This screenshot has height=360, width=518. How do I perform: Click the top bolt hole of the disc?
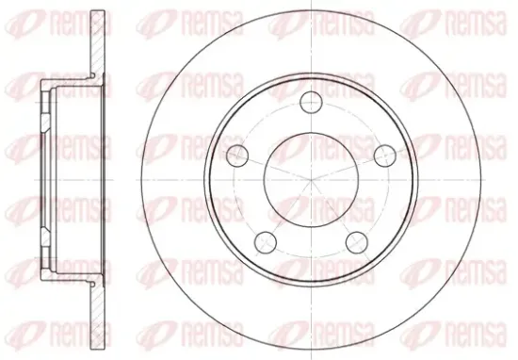pos(311,103)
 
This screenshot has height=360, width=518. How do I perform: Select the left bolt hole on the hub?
pos(237,155)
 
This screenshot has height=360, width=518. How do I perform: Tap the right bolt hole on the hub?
pos(385,155)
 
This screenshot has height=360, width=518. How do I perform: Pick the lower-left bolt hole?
pos(266,242)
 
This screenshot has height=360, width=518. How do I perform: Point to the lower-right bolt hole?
pos(357,242)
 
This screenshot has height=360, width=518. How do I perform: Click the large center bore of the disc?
pos(311,180)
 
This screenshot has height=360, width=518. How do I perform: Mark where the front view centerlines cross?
pos(311,180)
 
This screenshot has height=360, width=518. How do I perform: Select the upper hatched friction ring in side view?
pos(98,44)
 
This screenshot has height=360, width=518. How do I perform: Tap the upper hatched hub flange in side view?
pos(46,111)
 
